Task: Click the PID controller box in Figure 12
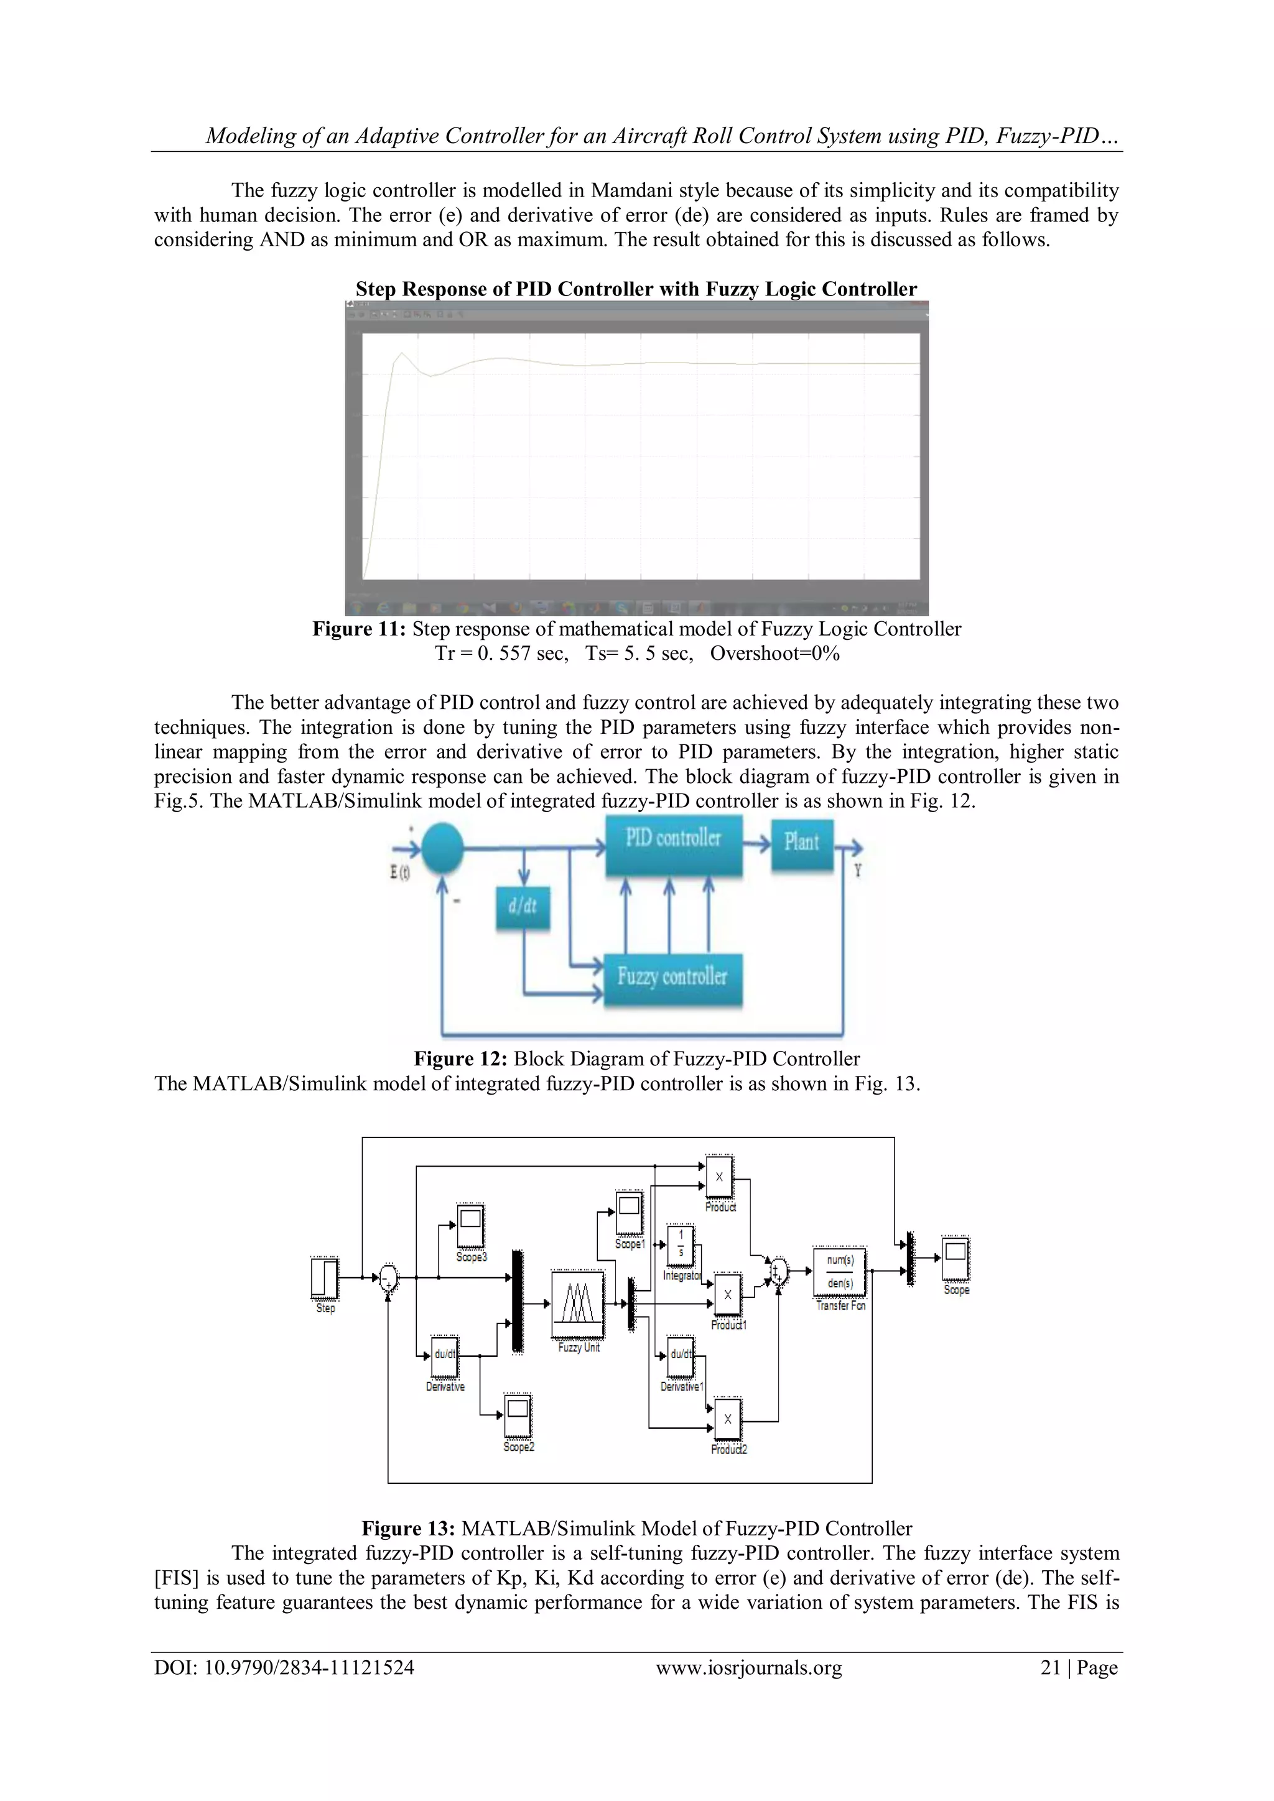tap(673, 846)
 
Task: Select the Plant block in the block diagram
tap(801, 843)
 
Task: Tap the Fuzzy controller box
tap(672, 978)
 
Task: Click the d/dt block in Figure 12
tap(523, 909)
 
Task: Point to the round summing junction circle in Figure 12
tap(442, 846)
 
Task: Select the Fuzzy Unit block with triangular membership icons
tap(578, 1305)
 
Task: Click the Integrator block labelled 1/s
tap(680, 1245)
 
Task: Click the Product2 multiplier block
tap(727, 1420)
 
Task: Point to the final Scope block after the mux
tap(955, 1259)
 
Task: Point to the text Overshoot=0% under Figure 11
tap(774, 654)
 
